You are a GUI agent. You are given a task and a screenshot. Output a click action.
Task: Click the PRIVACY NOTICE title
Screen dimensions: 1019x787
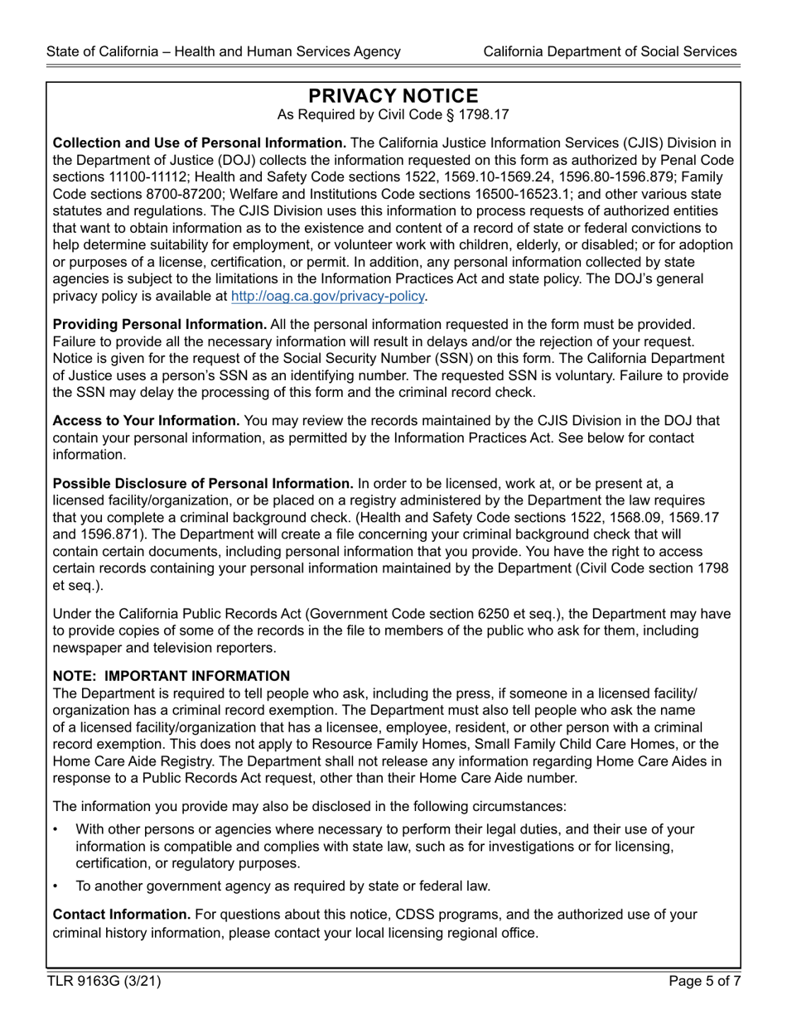tap(393, 96)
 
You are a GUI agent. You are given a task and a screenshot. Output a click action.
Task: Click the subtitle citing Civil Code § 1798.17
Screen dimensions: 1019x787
tap(393, 115)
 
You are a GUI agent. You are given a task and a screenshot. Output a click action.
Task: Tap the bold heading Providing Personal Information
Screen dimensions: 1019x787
tap(160, 324)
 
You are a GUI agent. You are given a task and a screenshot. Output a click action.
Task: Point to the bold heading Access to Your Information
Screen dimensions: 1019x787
tap(147, 421)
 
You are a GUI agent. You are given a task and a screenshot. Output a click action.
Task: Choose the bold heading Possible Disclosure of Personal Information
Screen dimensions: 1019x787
tap(203, 484)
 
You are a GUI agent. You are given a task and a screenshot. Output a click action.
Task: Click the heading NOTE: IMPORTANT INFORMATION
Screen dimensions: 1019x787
tap(171, 676)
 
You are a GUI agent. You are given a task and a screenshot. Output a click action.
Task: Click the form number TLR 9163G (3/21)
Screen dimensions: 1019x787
tap(104, 982)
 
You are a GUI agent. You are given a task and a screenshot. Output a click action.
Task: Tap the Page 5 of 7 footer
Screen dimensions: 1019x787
tap(704, 982)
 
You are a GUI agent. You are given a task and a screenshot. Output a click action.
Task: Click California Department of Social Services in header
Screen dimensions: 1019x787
tap(610, 51)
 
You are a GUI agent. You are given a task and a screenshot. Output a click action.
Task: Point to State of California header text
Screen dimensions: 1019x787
tap(224, 51)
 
